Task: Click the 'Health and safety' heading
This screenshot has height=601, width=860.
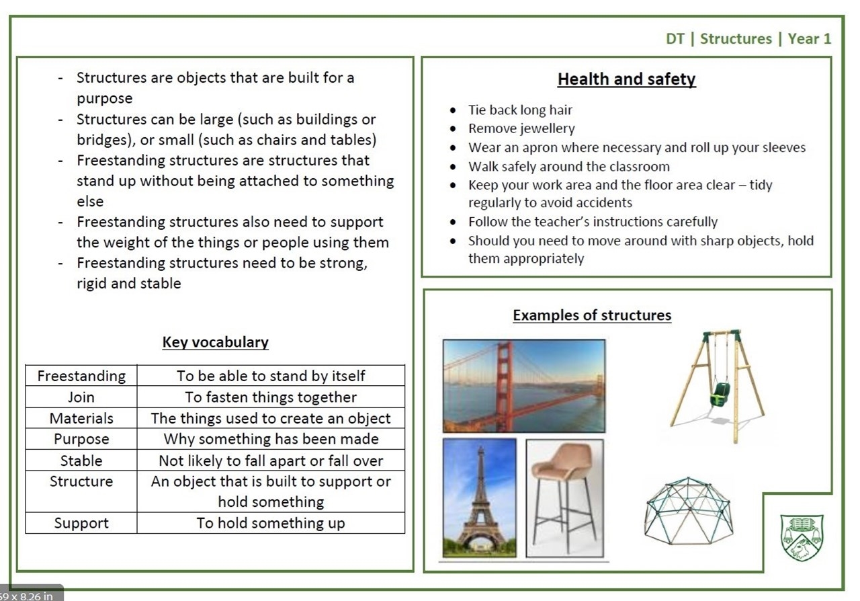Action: tap(626, 79)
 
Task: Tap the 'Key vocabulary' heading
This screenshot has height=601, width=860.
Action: tap(216, 342)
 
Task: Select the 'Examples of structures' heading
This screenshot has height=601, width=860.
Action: tap(592, 315)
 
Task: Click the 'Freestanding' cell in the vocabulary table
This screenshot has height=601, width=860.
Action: tap(81, 375)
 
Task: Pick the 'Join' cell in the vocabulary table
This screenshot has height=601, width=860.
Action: tap(81, 397)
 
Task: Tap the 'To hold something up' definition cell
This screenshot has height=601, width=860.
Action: tap(271, 522)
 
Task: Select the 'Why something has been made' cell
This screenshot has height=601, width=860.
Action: tap(271, 439)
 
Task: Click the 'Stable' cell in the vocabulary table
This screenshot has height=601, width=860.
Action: tap(81, 460)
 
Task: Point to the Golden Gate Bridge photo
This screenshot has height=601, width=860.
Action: tap(524, 386)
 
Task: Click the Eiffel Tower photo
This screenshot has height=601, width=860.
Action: tap(480, 498)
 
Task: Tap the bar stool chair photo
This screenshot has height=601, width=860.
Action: tap(565, 498)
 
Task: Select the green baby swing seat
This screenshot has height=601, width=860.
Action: tap(720, 394)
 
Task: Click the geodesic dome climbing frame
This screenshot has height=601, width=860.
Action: tap(689, 511)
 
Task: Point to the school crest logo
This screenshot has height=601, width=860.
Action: tap(802, 538)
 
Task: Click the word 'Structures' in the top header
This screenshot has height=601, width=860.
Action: tap(736, 39)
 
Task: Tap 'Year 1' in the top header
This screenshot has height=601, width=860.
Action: tap(810, 39)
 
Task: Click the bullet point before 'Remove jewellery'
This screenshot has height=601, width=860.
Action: tap(453, 128)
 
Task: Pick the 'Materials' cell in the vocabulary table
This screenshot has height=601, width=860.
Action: tap(81, 418)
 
